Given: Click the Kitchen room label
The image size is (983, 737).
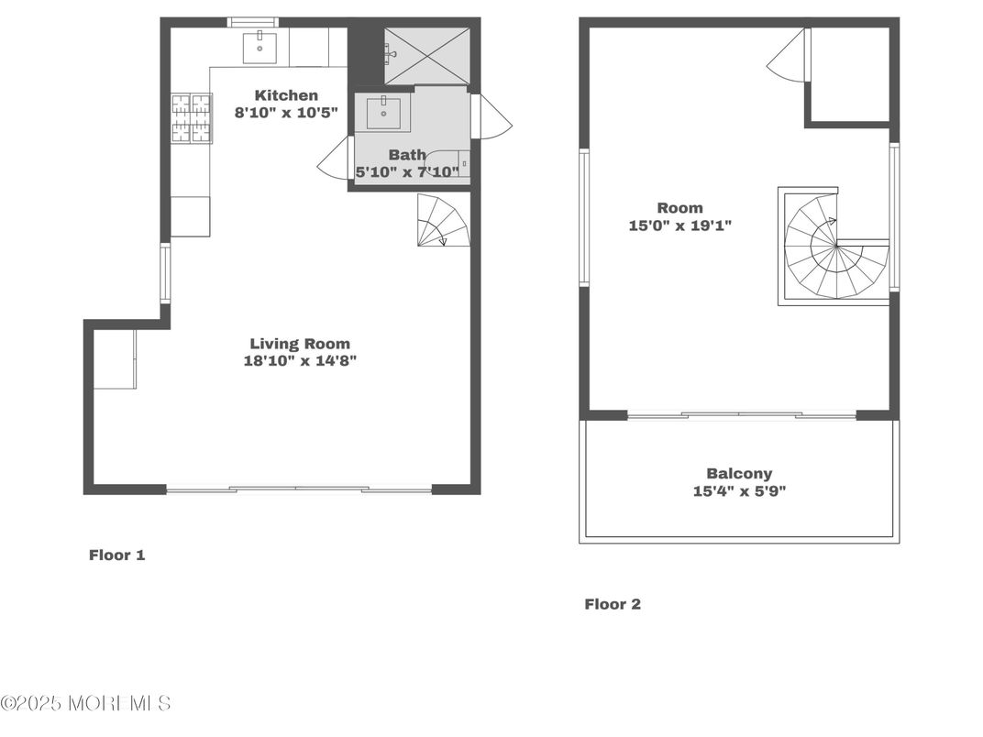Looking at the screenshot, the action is (286, 95).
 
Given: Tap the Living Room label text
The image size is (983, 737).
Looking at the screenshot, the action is (300, 344).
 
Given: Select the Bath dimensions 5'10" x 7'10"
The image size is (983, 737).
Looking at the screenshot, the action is (407, 171).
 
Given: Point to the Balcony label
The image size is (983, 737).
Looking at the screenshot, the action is (739, 474).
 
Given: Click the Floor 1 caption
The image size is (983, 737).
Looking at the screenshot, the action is (116, 555).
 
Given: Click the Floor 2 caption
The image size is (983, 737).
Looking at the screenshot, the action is (613, 604).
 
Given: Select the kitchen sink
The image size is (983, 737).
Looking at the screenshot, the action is (260, 47).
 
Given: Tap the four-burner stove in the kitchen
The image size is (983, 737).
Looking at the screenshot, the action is (192, 118).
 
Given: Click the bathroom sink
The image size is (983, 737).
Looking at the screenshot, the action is (383, 113).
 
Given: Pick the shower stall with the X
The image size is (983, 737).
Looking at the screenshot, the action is (426, 55).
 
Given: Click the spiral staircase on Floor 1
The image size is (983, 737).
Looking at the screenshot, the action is (443, 220).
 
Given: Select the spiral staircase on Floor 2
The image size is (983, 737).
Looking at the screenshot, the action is (834, 246).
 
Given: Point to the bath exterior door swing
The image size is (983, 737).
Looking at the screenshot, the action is (495, 116).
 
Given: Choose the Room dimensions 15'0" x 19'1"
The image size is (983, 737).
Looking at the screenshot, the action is (680, 225).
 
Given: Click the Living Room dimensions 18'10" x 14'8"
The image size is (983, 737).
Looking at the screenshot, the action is (300, 360).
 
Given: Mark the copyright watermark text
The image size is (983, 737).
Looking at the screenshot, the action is (86, 703).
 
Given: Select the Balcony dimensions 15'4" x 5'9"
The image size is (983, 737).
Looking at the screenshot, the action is (739, 490).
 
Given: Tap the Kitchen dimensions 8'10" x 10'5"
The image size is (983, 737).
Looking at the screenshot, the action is (286, 113).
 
